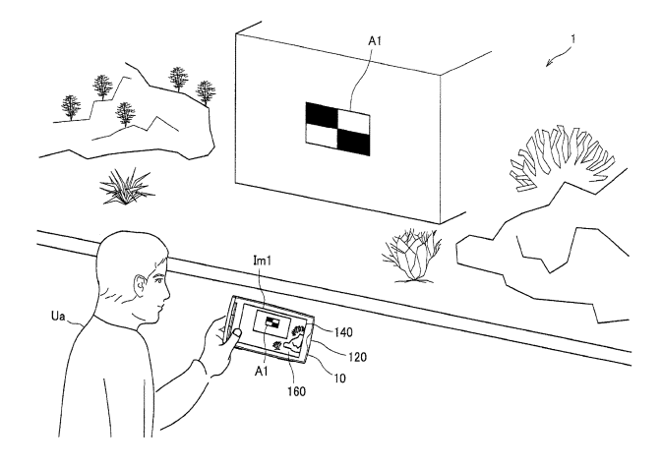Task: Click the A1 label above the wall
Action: [375, 41]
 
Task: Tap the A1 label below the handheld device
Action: [262, 371]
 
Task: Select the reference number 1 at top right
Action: [572, 39]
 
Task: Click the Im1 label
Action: [262, 261]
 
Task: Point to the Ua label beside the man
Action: [58, 316]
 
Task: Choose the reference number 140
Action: [343, 332]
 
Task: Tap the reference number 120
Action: [357, 357]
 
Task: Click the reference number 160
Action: [296, 391]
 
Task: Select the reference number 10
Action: [339, 378]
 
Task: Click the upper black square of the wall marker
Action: [322, 114]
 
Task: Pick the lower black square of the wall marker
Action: [354, 142]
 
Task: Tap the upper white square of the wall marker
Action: [354, 119]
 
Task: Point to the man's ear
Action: [140, 286]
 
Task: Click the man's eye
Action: [158, 279]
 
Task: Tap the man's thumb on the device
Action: [234, 335]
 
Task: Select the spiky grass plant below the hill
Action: [125, 187]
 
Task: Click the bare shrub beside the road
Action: [412, 256]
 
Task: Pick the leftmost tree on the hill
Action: [71, 107]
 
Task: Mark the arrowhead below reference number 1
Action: [549, 63]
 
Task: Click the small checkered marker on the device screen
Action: [272, 322]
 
